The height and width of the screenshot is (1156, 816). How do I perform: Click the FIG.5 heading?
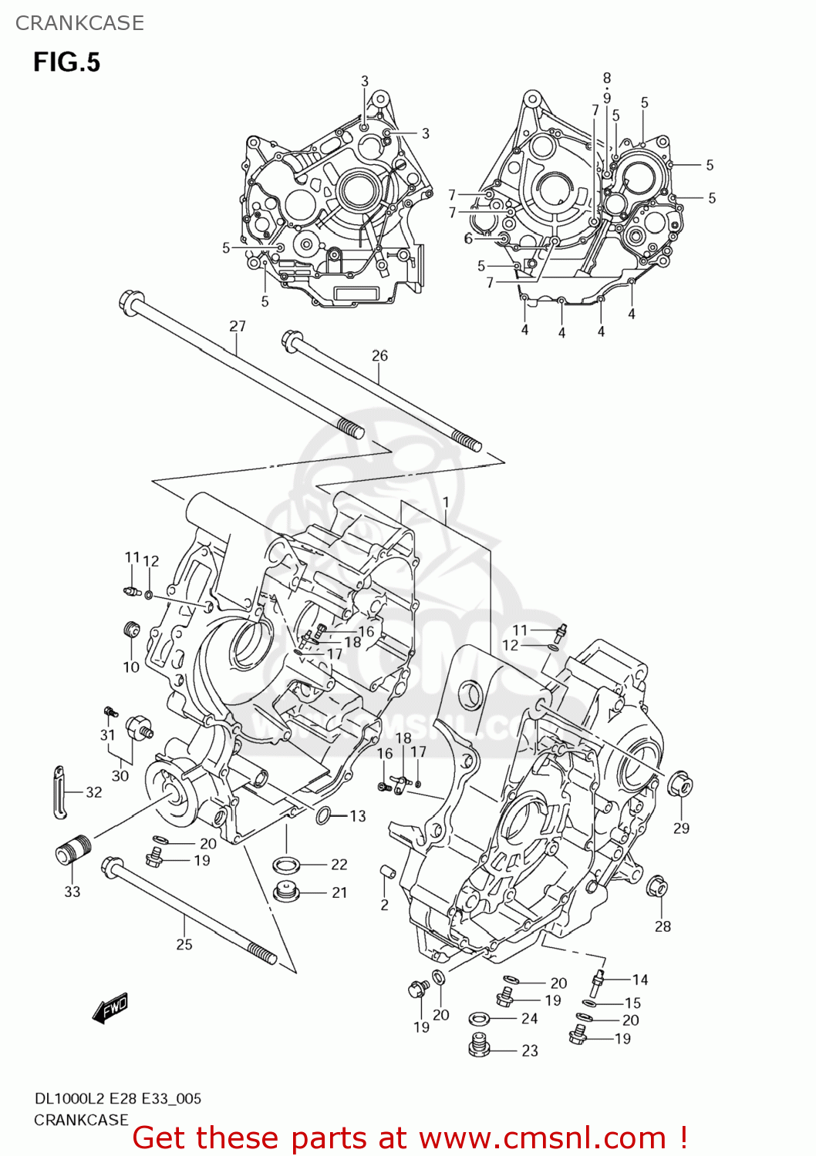(x=66, y=62)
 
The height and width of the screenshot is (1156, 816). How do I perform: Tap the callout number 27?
(x=237, y=326)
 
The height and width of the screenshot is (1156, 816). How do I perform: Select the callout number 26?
(x=379, y=355)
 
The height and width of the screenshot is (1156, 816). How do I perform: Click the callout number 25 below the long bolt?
(x=184, y=944)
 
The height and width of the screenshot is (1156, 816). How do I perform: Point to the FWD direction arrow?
(x=110, y=1009)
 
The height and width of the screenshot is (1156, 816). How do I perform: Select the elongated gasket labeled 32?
(x=59, y=791)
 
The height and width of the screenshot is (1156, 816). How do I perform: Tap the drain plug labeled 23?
(x=480, y=1047)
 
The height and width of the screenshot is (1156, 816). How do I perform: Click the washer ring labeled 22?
(x=287, y=864)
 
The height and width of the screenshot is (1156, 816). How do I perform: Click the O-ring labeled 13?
(x=324, y=815)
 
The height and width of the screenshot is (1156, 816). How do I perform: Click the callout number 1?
(x=446, y=502)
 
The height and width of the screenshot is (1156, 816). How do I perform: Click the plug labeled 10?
(x=132, y=630)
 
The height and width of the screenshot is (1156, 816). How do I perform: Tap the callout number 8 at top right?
(x=607, y=78)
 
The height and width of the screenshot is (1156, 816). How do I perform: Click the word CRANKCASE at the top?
(x=79, y=23)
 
